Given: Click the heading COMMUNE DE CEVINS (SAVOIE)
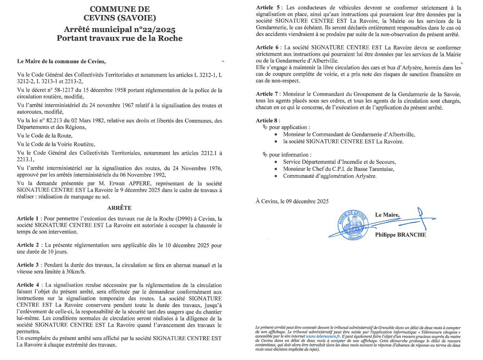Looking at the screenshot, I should (120, 14).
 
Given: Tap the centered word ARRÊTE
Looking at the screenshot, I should (119, 208).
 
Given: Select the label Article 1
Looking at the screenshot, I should (28, 219).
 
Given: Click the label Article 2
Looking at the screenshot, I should (28, 245).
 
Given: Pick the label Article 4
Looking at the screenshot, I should (28, 285).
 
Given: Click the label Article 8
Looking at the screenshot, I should (267, 121).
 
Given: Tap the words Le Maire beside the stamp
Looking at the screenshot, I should (387, 215).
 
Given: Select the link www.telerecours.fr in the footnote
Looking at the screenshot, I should (323, 337).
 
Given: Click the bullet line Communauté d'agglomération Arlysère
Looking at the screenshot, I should (330, 176).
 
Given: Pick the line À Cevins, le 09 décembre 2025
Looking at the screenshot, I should (292, 201).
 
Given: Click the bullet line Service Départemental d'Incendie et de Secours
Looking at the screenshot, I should (339, 162).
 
